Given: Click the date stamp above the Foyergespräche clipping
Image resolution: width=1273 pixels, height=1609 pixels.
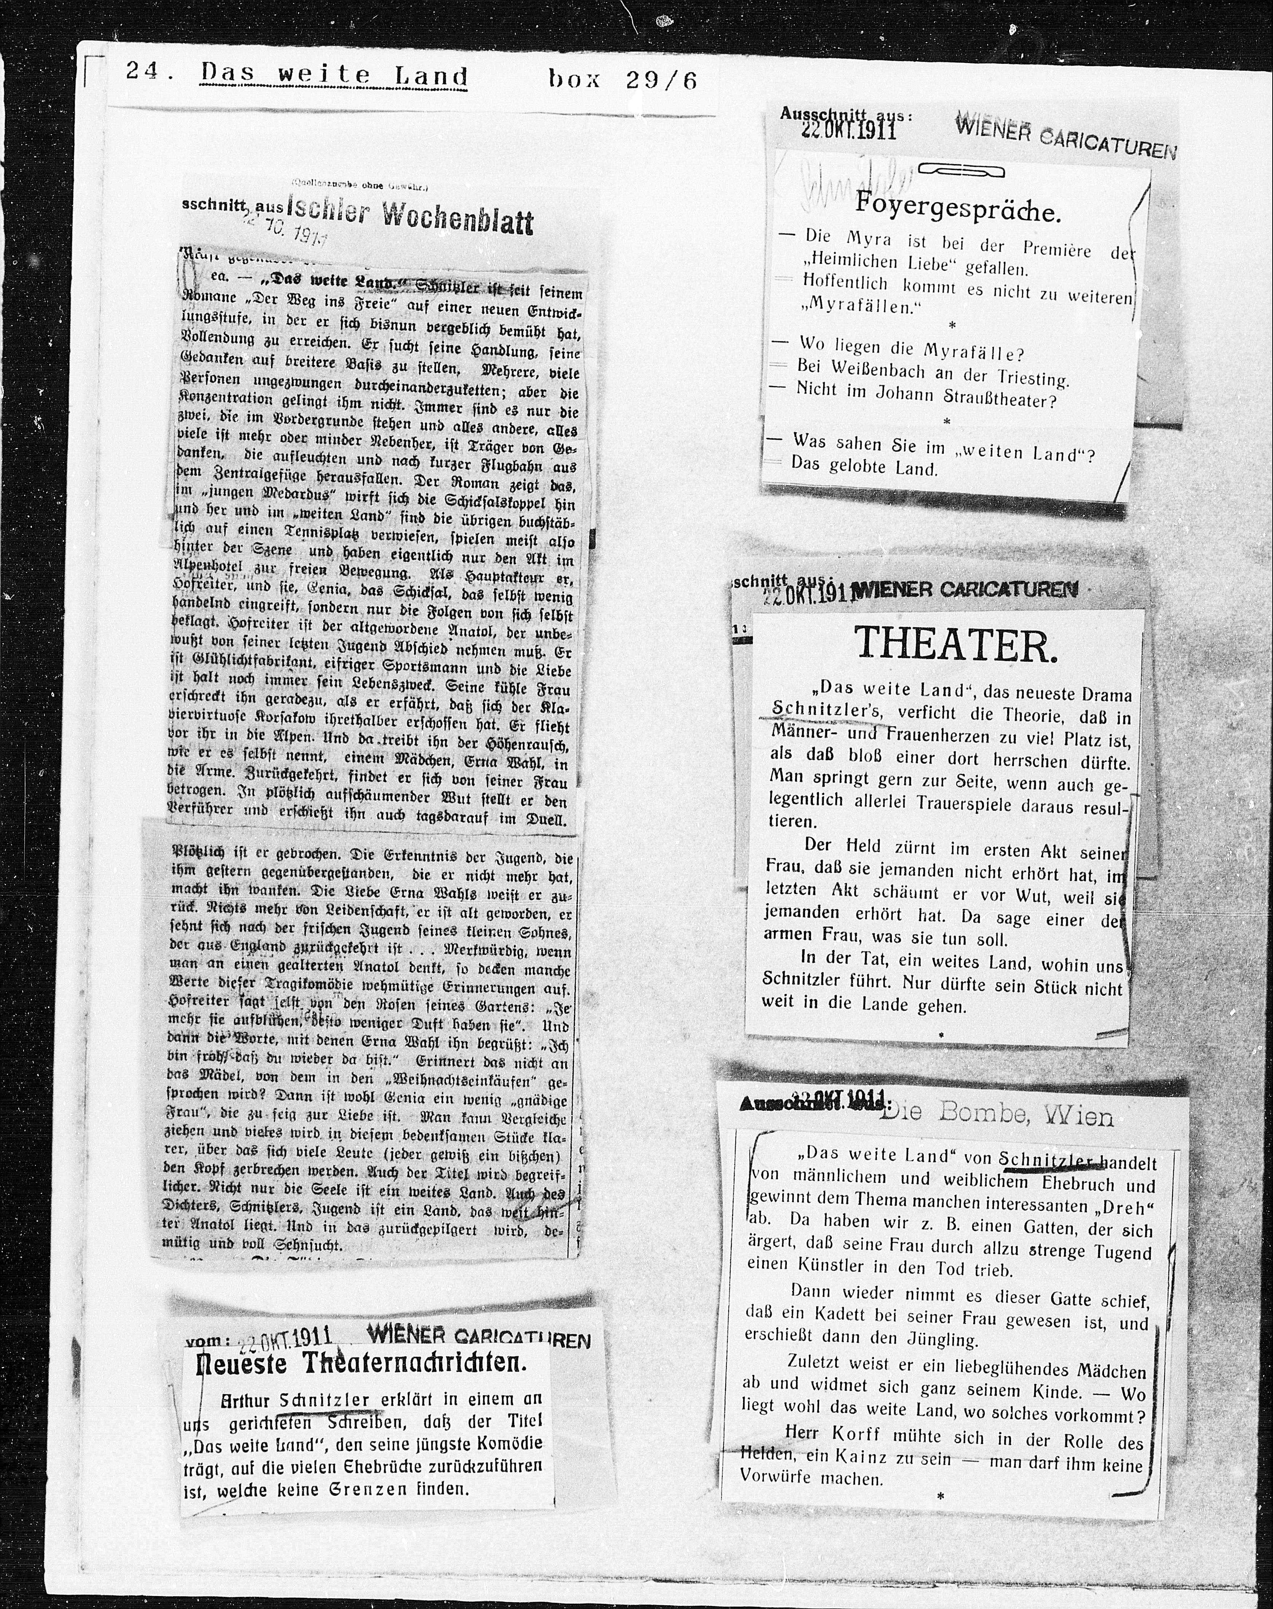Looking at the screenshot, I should [848, 129].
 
